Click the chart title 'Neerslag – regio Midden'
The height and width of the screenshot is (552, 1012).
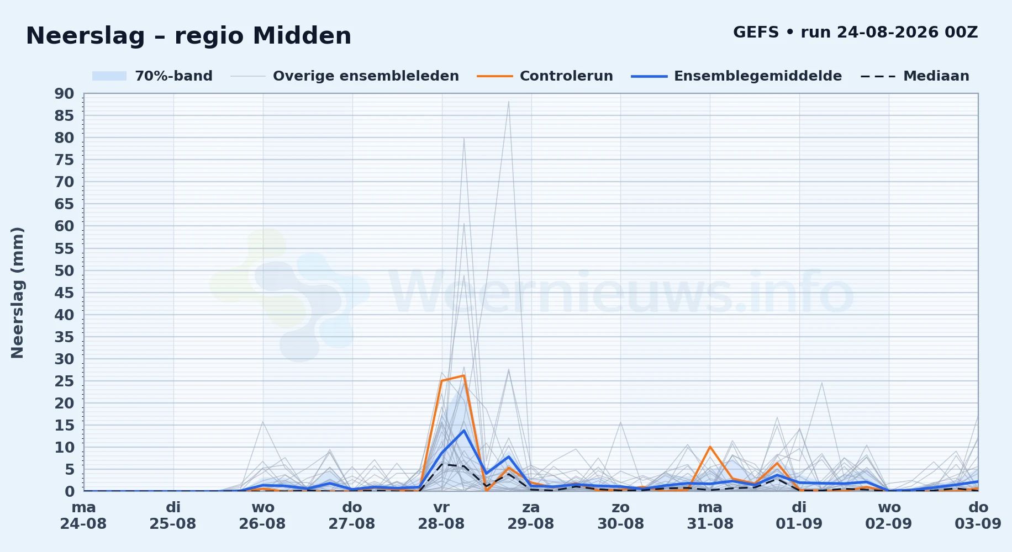(x=188, y=36)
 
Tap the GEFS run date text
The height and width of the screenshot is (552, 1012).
(x=855, y=32)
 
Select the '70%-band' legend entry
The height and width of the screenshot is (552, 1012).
(x=152, y=76)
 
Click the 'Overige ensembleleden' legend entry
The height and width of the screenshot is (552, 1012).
(x=345, y=76)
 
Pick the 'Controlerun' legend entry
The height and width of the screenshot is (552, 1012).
(x=545, y=76)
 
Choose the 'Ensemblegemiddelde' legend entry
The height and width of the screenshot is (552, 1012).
(x=737, y=76)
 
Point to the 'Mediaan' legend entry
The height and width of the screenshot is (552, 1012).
(x=915, y=76)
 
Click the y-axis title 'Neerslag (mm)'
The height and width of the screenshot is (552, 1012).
(x=18, y=293)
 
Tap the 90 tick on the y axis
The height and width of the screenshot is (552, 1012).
(x=64, y=94)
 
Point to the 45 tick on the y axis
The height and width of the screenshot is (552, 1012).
(x=64, y=293)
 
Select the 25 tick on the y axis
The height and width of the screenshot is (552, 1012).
(x=64, y=381)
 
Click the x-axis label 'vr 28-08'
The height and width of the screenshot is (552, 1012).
(x=441, y=515)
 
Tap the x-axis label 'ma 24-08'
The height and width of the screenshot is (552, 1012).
(x=83, y=515)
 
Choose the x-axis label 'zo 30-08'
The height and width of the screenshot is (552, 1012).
(x=620, y=515)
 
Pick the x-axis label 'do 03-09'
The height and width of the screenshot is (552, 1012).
(x=978, y=515)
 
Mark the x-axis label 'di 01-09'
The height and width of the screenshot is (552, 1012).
(x=799, y=515)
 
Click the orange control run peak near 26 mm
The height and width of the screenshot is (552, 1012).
(x=463, y=375)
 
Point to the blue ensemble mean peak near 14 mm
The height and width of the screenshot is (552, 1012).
(x=463, y=430)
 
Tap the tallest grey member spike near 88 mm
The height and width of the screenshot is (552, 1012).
(x=508, y=102)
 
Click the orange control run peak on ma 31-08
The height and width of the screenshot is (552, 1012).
(x=710, y=447)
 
